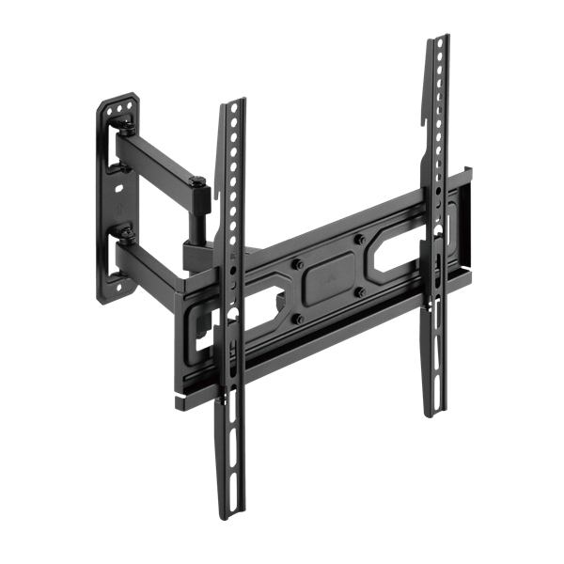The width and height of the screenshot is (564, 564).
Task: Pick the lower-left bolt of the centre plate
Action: tap(299, 318)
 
